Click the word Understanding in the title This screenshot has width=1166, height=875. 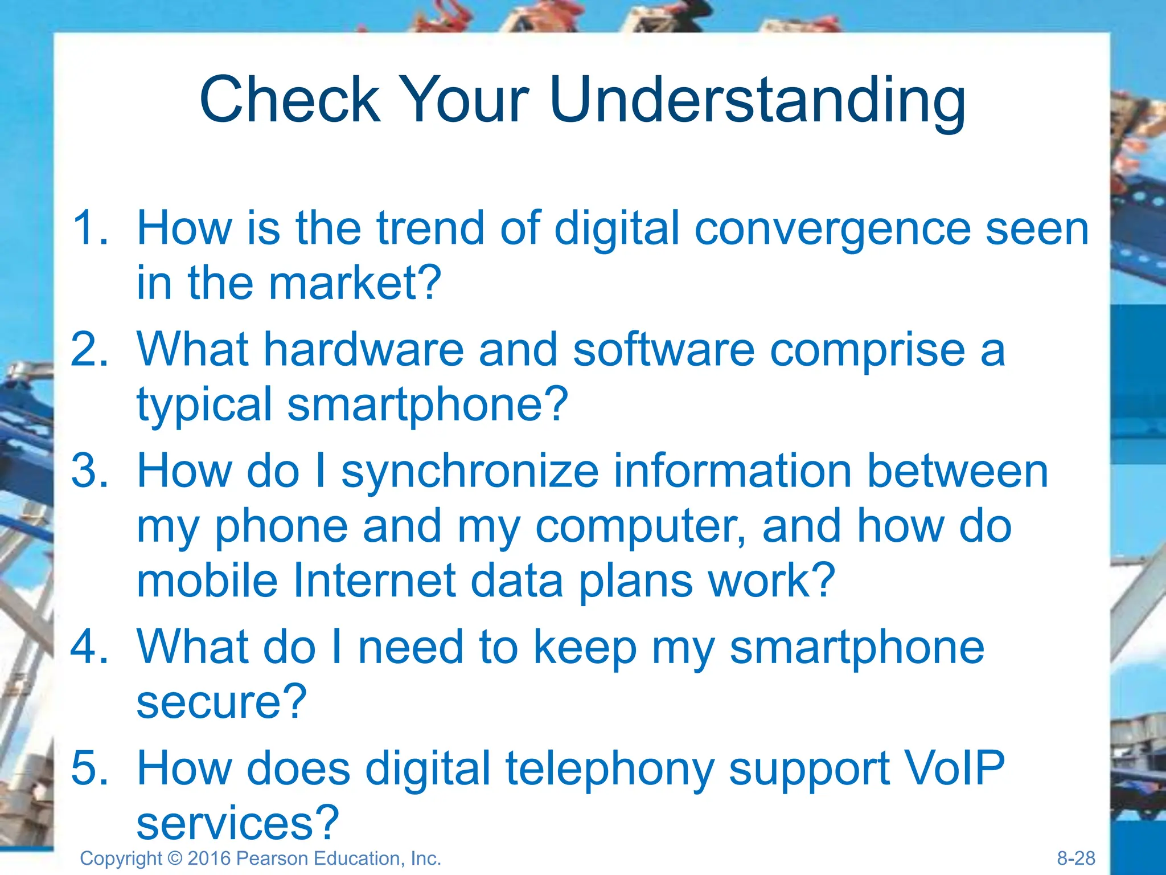point(757,101)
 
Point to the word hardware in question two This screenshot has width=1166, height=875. point(363,349)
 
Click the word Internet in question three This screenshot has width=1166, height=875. point(374,580)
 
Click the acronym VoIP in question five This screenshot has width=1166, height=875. point(952,768)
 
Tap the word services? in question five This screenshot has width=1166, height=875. point(238,823)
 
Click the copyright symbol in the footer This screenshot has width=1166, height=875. point(175,858)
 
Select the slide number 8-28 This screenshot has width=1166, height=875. point(1075,858)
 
